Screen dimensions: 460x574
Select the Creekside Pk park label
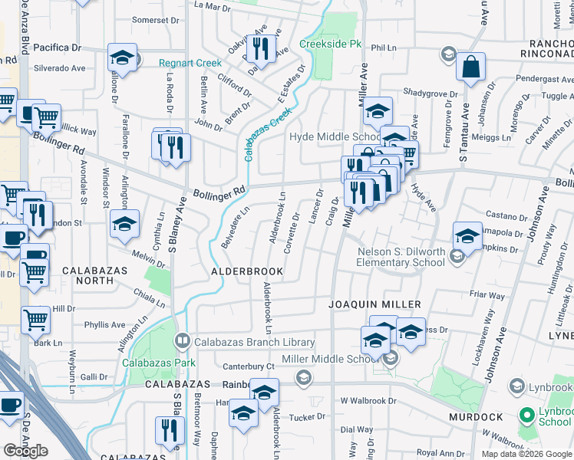330,44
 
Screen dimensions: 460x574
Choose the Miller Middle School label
330,359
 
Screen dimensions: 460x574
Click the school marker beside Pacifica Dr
122,58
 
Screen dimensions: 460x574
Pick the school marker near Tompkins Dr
467,235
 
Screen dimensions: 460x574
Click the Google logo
25,451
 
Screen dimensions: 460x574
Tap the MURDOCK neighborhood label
477,417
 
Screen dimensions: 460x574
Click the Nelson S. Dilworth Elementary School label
401,257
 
